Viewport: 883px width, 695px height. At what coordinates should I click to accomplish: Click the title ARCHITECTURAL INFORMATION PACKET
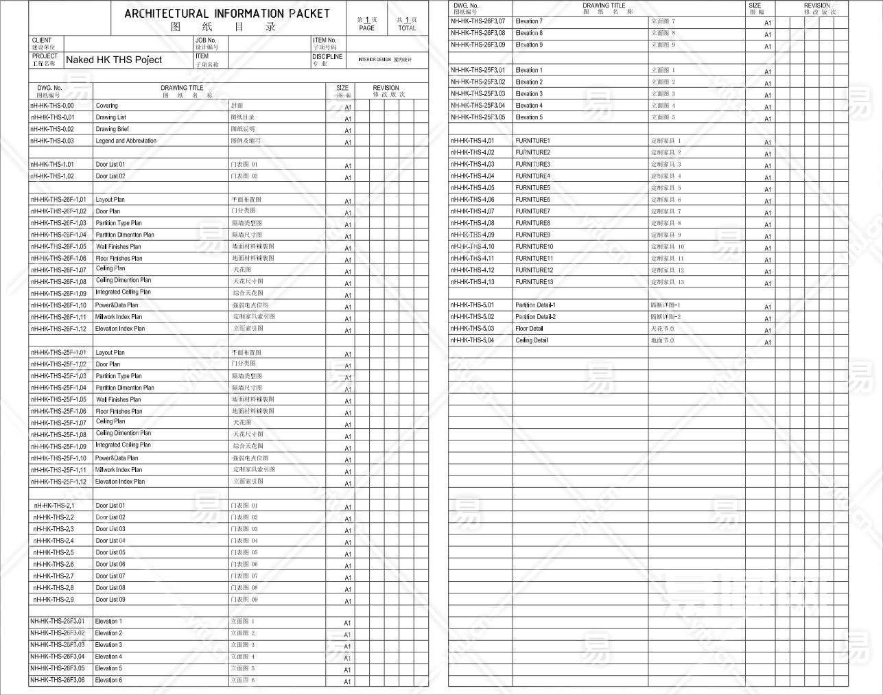click(227, 13)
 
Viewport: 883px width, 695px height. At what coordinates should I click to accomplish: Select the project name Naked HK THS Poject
click(114, 60)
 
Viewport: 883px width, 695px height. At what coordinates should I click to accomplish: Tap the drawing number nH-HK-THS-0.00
click(52, 106)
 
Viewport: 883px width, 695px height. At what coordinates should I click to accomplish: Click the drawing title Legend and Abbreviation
click(126, 141)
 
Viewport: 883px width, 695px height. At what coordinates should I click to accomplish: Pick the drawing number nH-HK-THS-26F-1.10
click(58, 305)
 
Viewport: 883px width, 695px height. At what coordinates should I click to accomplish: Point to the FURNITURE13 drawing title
click(534, 282)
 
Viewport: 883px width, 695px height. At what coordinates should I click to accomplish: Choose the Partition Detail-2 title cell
click(535, 317)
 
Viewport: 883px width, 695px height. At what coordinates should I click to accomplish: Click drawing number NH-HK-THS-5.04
click(472, 340)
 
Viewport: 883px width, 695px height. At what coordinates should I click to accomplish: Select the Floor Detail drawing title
click(529, 329)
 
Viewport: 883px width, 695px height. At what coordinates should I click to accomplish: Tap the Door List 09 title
click(110, 600)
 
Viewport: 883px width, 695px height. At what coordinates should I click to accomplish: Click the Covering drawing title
click(106, 106)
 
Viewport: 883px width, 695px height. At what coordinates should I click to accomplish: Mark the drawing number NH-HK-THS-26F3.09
click(478, 45)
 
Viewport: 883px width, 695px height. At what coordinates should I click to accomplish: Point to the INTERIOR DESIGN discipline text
click(374, 60)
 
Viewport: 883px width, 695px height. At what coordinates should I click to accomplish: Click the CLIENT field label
click(41, 40)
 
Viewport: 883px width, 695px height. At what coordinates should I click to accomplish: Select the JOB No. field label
click(206, 40)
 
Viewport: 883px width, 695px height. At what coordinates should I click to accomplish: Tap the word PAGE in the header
click(367, 28)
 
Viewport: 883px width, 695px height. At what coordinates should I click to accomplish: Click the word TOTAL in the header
click(407, 28)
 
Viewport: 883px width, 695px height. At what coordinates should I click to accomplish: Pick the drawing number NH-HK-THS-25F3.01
click(478, 70)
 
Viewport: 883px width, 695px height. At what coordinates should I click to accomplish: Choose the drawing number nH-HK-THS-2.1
click(54, 506)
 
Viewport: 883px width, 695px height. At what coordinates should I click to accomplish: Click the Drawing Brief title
click(112, 129)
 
